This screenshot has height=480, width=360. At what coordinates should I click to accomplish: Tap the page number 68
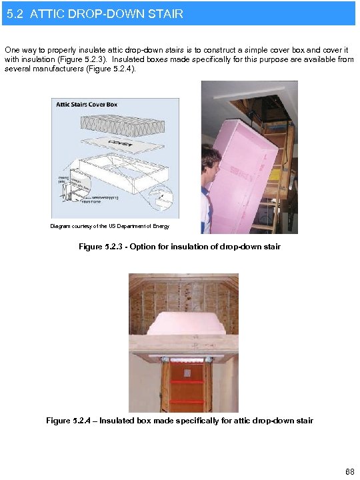349,471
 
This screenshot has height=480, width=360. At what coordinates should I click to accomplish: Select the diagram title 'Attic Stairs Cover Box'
87,105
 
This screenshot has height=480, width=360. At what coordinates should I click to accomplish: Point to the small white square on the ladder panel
188,372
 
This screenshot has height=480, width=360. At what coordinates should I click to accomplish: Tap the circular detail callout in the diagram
162,198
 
